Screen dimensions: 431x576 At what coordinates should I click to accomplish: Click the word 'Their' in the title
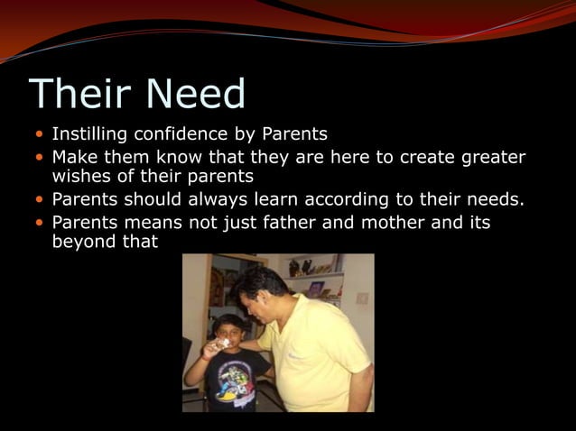pos(70,95)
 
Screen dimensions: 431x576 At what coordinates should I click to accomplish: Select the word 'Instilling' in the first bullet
pos(89,134)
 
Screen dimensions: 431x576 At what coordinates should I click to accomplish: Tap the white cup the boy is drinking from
pos(223,344)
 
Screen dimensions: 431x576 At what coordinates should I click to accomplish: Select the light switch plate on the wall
pos(362,298)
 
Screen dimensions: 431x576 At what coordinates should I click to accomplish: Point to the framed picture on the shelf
pos(315,289)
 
